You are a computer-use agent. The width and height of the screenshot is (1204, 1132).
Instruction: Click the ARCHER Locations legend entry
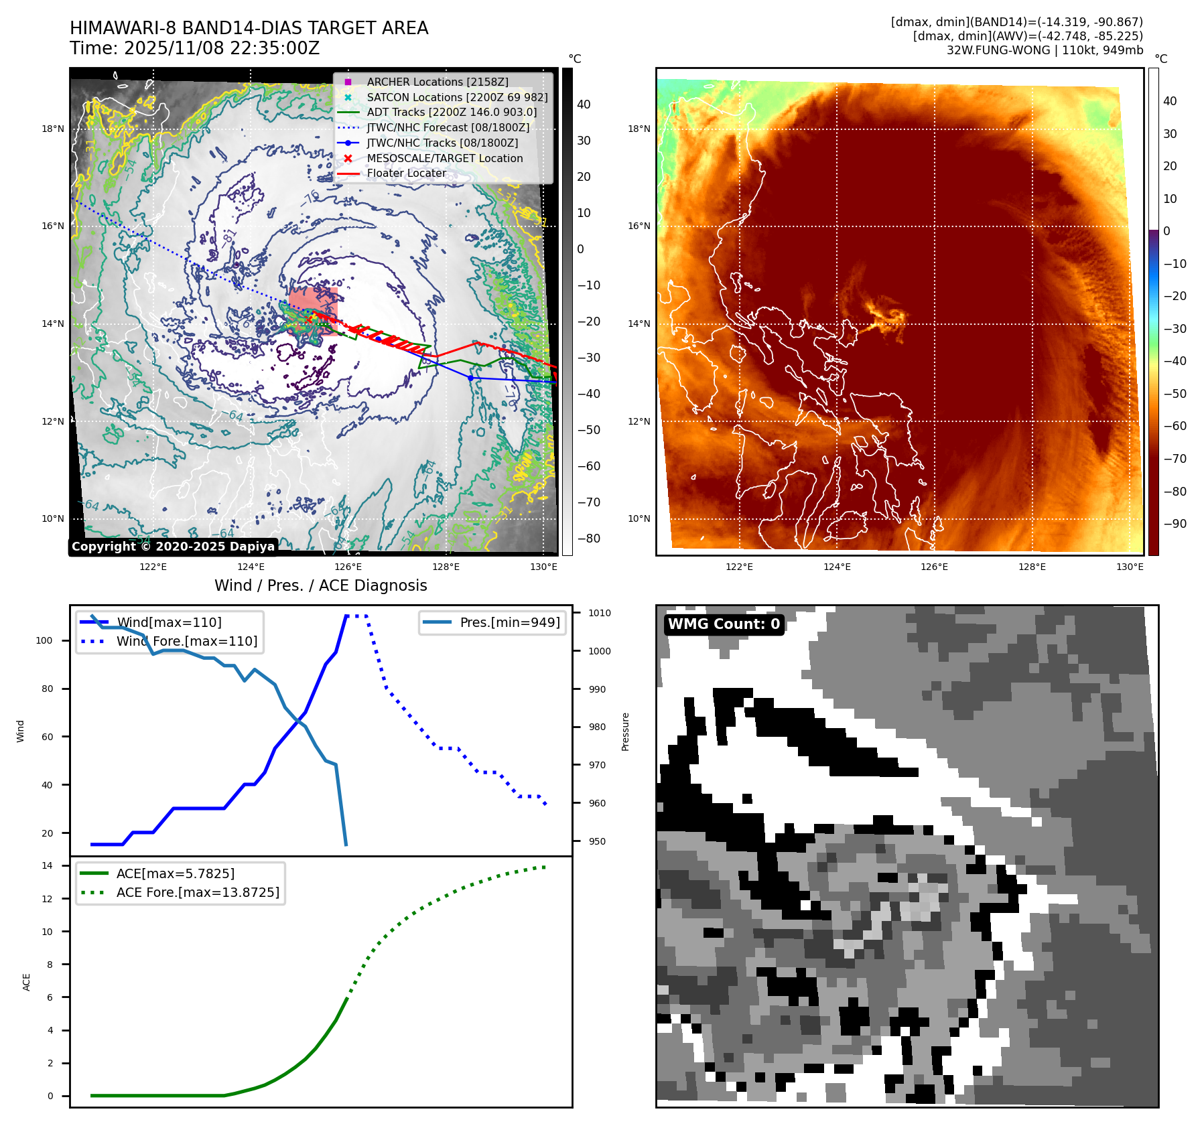(437, 82)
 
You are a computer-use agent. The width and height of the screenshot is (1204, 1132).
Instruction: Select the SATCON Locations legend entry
(457, 97)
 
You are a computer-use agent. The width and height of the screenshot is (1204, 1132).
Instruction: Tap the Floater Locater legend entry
(406, 173)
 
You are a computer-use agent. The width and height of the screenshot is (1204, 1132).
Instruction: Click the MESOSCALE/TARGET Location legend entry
(444, 158)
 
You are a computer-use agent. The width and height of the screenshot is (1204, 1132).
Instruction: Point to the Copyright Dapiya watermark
(173, 547)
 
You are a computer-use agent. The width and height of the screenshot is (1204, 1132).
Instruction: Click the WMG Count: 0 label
(724, 624)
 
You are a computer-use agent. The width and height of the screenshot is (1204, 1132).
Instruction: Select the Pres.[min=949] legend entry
(509, 622)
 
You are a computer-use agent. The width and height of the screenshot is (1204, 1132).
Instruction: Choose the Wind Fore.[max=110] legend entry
(186, 641)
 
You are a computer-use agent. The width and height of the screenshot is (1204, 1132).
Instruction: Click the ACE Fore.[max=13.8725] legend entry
(198, 892)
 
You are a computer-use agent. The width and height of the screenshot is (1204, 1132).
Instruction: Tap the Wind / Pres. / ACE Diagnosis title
(320, 585)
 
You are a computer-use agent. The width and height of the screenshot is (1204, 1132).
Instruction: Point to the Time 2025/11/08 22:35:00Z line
(194, 48)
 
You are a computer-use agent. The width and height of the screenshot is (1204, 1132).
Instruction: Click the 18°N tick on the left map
(53, 129)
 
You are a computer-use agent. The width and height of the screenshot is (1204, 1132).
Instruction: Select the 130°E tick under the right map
(1130, 567)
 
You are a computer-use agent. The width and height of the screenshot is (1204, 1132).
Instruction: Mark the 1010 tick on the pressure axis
(599, 613)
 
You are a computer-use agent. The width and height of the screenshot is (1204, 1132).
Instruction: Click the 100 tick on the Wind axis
(44, 640)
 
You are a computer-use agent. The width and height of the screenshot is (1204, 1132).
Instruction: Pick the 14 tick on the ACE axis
(47, 865)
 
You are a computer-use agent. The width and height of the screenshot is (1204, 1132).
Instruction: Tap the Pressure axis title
(625, 731)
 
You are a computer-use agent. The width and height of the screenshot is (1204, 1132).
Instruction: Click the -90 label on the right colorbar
(1175, 524)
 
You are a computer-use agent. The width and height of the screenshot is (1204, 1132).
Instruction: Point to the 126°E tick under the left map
(348, 567)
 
